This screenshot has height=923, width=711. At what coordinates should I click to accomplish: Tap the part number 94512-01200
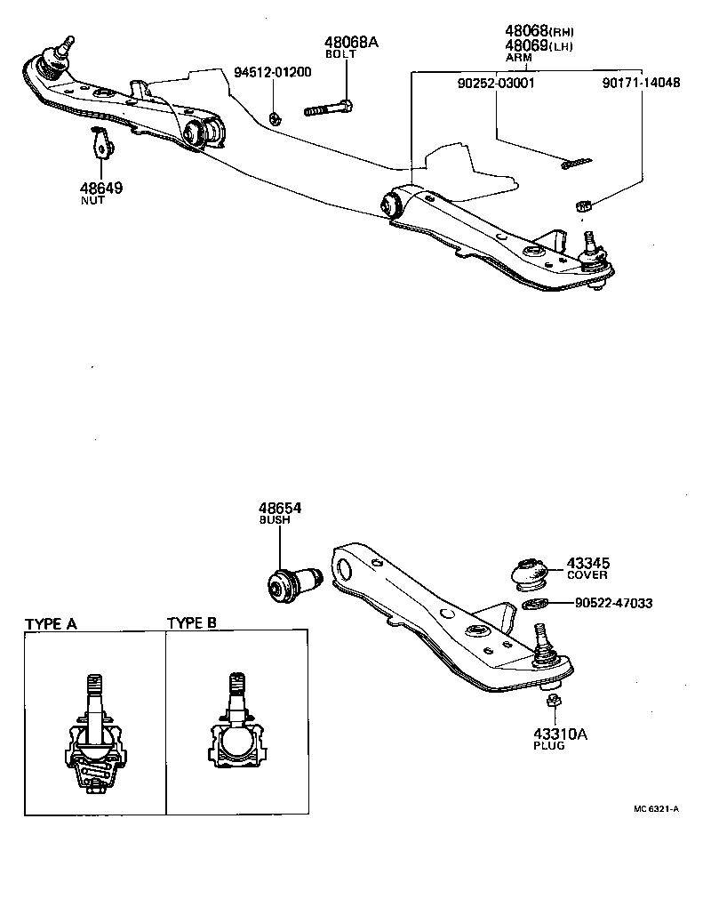click(x=273, y=72)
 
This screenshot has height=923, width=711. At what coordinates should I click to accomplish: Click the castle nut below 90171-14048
click(x=583, y=205)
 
